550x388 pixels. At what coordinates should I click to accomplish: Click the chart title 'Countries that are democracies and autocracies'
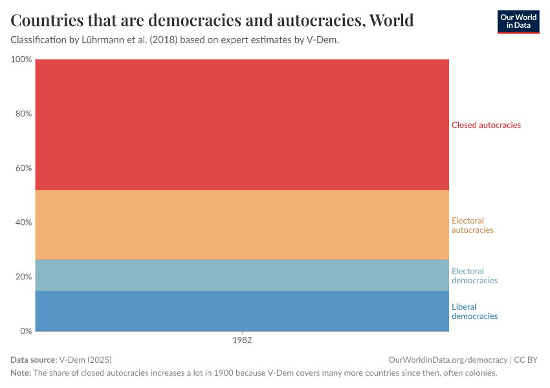click(212, 20)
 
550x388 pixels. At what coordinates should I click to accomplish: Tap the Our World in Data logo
click(518, 21)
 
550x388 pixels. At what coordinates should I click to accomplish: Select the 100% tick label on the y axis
click(21, 59)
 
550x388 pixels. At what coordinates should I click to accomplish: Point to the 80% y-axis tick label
click(23, 114)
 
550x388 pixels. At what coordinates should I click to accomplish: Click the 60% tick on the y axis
click(23, 168)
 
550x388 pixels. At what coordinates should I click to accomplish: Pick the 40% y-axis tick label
click(23, 222)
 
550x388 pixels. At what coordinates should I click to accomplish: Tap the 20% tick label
click(23, 277)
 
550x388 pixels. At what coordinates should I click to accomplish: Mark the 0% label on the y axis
click(26, 331)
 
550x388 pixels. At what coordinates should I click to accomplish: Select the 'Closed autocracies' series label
click(486, 125)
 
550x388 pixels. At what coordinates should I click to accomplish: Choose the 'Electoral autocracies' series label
click(472, 225)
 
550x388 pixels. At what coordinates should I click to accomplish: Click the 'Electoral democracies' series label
click(474, 276)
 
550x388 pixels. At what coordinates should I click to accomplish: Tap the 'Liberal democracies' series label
click(474, 312)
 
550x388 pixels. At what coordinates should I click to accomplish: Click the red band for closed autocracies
click(242, 125)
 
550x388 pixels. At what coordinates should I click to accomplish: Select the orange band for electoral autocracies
click(242, 225)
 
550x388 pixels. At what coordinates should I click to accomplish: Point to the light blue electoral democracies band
click(242, 275)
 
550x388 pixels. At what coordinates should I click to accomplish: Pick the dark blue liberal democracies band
click(242, 311)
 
